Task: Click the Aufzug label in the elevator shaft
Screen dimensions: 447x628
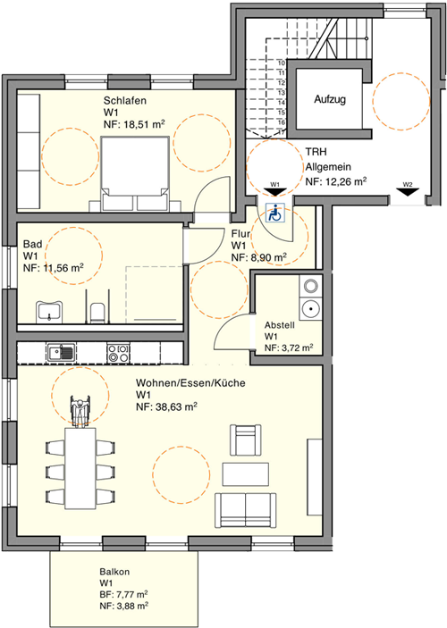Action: pos(330,99)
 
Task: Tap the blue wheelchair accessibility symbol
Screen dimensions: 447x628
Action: pos(275,213)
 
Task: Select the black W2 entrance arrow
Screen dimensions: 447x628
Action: pos(408,192)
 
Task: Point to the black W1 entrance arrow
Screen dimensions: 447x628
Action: pos(274,192)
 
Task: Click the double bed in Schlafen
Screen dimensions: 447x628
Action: pos(134,173)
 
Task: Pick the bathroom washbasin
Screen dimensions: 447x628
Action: pos(49,312)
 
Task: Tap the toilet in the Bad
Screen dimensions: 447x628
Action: pos(97,313)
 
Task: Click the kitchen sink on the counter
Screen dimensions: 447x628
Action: pos(61,353)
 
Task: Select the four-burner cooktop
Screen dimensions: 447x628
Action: pos(118,353)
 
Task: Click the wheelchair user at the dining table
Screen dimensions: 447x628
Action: pos(80,411)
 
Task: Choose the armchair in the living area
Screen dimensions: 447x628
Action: pos(246,440)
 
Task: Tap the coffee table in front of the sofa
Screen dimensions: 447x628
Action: pos(246,474)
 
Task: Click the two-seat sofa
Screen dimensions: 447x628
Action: pos(245,509)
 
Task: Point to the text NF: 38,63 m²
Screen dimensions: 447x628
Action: pos(166,407)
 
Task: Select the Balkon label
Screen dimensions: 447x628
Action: pos(114,572)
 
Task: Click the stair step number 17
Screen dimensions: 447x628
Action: pos(281,132)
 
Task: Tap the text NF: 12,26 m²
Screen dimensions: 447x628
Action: pos(336,181)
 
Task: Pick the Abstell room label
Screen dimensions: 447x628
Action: pos(280,325)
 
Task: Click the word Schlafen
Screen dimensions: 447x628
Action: pos(125,100)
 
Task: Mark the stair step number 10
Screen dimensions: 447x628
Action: pos(281,63)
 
